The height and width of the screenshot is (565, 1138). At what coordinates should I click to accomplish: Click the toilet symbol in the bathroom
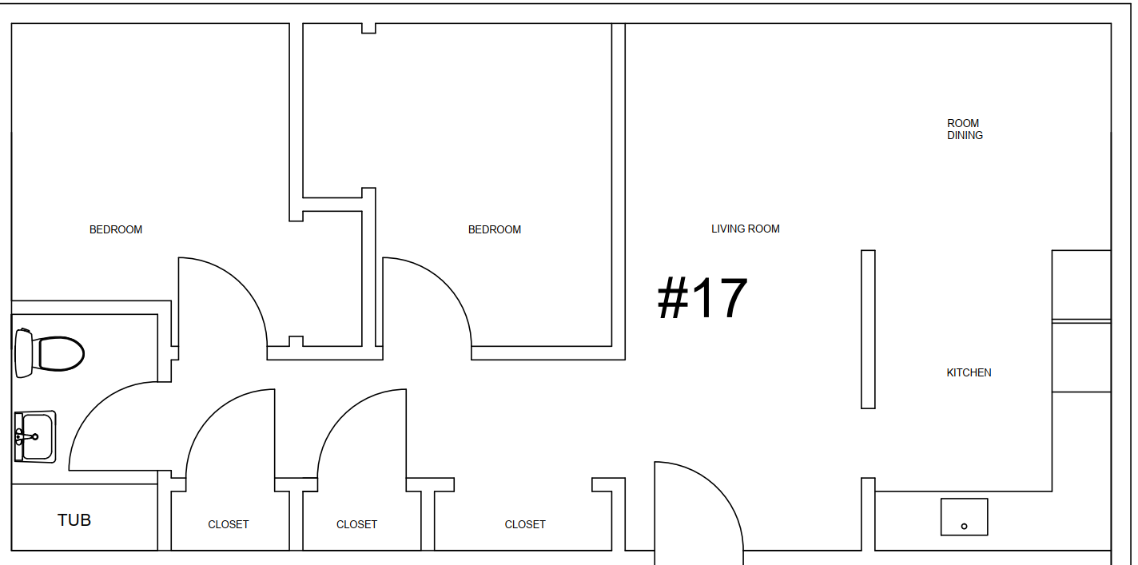50,354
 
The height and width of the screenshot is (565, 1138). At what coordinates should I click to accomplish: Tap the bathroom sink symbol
35,437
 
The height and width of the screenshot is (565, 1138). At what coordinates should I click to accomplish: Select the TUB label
74,520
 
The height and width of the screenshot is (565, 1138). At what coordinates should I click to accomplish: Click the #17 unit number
702,298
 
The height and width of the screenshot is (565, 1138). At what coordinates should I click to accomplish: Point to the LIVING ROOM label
746,229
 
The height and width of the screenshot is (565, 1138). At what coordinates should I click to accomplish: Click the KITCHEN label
969,373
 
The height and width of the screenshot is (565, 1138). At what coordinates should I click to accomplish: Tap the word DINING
965,136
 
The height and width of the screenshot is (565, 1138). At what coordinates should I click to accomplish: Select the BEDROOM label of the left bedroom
116,229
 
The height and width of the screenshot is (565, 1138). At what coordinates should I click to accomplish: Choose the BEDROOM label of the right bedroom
495,229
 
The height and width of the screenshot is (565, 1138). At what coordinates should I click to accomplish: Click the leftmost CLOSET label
228,524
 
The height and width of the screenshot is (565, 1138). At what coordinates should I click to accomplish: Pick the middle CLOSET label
356,524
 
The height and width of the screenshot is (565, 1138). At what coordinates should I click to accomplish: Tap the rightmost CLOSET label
525,524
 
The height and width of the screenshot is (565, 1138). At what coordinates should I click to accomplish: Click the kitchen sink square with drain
965,517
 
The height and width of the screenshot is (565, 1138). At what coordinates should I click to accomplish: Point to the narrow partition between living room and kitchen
868,329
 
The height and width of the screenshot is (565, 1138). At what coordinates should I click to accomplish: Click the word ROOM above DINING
963,123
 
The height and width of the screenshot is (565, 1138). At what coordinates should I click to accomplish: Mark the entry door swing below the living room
722,488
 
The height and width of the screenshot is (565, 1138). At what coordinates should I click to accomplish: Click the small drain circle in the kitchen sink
965,527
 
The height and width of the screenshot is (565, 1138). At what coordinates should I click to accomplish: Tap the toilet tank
24,354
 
